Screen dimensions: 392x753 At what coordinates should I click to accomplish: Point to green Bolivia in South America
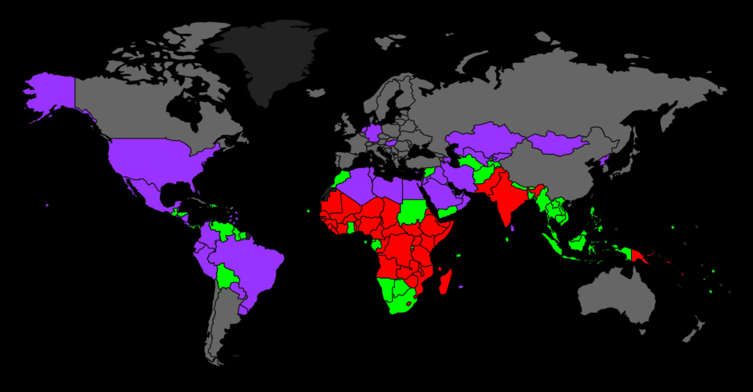pos(227,277)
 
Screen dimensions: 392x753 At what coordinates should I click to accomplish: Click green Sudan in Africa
pos(414,210)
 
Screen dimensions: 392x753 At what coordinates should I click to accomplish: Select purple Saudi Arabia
pos(444,191)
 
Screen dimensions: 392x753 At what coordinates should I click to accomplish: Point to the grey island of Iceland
pos(317,93)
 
